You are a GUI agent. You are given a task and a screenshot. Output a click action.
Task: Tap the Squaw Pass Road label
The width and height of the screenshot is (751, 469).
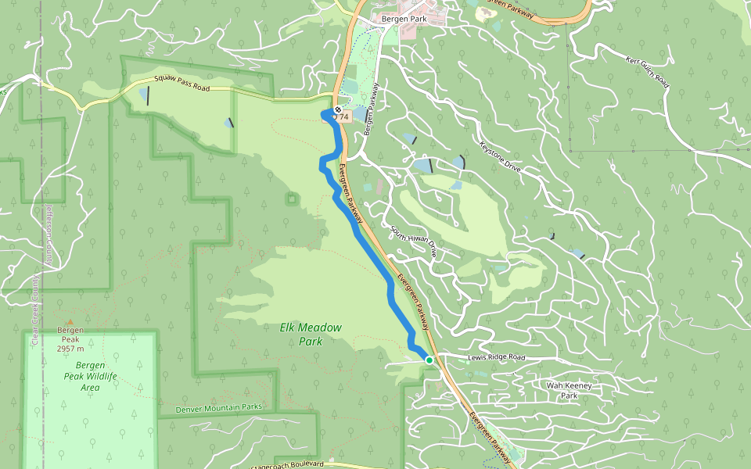[181, 84]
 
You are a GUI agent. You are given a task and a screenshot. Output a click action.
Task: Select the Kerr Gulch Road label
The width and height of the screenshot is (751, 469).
[649, 71]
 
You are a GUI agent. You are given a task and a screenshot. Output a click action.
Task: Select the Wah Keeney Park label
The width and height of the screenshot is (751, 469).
[568, 390]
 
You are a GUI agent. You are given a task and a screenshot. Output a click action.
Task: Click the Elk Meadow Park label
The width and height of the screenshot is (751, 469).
[311, 334]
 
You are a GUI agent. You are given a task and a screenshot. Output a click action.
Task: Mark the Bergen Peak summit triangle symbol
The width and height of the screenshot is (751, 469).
[70, 321]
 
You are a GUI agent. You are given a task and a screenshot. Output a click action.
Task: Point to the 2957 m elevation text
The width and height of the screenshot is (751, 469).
[70, 349]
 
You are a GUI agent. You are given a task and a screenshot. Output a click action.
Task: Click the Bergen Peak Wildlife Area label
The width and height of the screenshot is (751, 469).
[91, 376]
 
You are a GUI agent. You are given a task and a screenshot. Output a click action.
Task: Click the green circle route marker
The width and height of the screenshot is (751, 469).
[429, 360]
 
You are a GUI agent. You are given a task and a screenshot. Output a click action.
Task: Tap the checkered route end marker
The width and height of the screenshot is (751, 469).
[337, 109]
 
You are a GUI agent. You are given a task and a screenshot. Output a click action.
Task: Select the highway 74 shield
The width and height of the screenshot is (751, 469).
[343, 116]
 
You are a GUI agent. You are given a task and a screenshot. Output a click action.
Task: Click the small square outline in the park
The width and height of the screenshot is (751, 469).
[292, 199]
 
